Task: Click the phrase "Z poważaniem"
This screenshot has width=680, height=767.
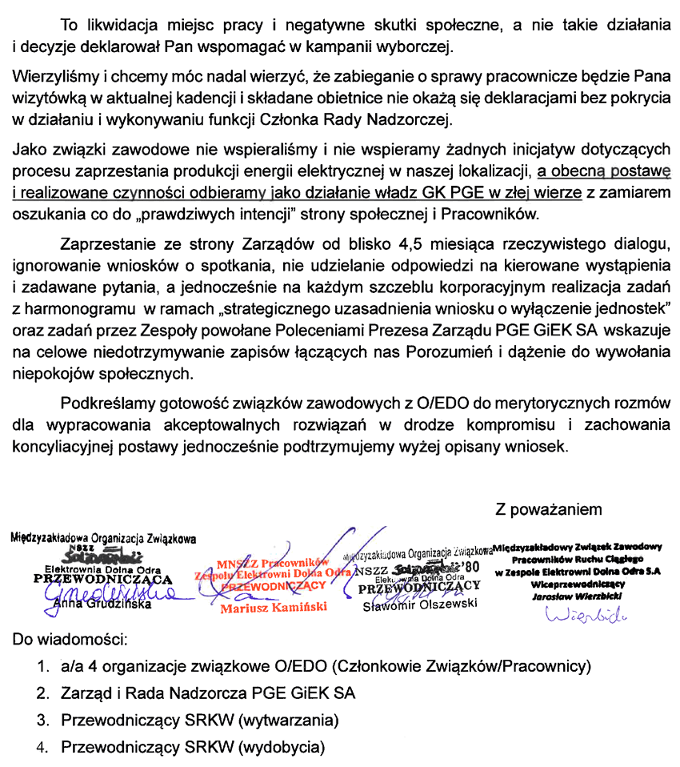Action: [548, 509]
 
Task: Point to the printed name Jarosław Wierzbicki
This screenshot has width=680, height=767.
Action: [578, 596]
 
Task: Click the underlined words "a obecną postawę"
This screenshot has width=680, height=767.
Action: [603, 171]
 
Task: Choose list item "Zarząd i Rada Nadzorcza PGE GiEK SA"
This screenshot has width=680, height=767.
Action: [208, 693]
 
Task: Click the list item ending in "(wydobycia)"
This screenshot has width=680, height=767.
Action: [193, 748]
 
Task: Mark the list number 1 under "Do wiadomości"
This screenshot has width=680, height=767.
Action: [41, 666]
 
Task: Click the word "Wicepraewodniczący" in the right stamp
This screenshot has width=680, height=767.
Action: [578, 584]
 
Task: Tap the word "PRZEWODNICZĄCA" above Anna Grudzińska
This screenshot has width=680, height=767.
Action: [103, 579]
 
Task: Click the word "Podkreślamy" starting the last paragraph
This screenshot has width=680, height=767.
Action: [99, 404]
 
